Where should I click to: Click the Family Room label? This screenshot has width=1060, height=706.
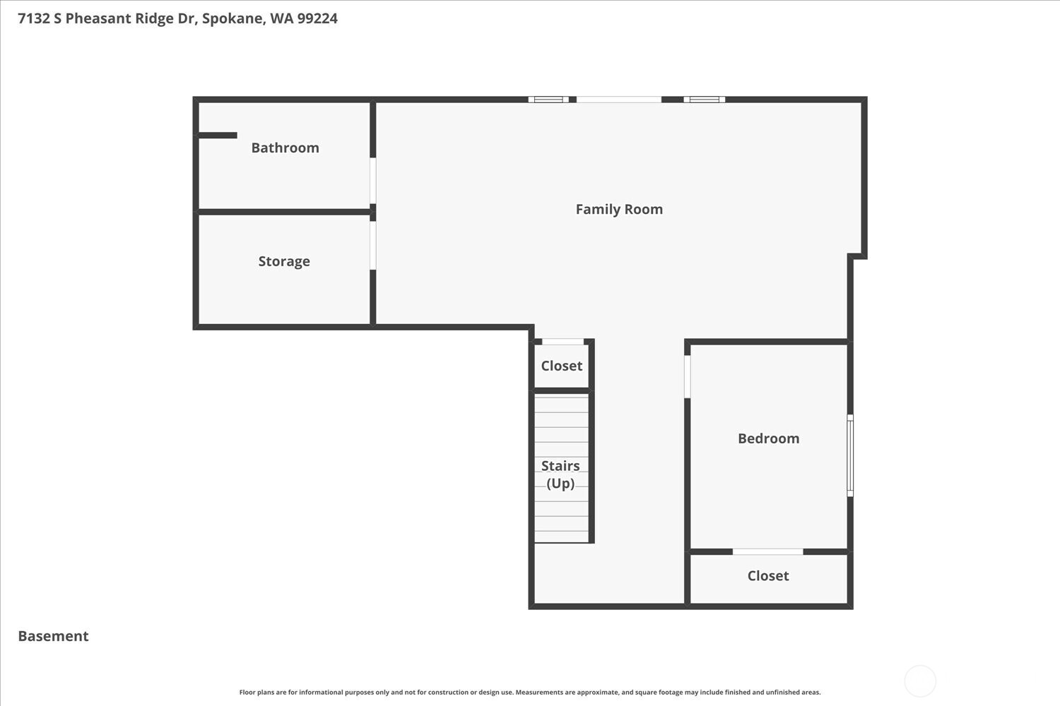click(x=619, y=209)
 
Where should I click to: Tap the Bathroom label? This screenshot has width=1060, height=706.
click(x=285, y=148)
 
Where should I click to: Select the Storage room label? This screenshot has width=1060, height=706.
click(x=284, y=261)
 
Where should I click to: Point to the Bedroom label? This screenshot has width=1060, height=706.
click(x=768, y=438)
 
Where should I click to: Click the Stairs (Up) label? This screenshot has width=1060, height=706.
click(x=560, y=474)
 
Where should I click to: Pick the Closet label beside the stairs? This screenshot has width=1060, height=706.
click(x=562, y=366)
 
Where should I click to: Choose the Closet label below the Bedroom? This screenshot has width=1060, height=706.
click(x=768, y=575)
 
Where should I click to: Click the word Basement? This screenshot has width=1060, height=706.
click(x=53, y=636)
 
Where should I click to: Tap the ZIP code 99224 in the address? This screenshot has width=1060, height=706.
click(x=317, y=18)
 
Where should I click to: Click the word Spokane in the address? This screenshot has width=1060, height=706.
click(x=232, y=18)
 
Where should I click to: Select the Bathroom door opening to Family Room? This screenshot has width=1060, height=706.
click(x=372, y=181)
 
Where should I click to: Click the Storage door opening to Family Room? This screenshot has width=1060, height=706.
click(x=372, y=246)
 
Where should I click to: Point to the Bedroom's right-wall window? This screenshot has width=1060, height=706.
click(x=850, y=455)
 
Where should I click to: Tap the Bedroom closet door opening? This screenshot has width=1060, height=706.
click(x=767, y=551)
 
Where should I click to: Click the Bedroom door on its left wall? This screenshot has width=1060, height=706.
click(x=687, y=376)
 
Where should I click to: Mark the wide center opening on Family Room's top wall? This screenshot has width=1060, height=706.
click(x=619, y=100)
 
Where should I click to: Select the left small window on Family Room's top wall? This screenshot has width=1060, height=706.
click(x=548, y=100)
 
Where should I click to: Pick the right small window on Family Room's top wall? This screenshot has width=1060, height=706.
click(x=704, y=100)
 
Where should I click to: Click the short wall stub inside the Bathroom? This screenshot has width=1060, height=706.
click(x=218, y=136)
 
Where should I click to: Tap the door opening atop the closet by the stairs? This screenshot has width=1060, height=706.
click(x=563, y=342)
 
